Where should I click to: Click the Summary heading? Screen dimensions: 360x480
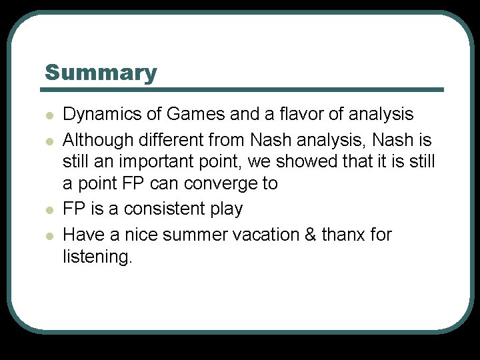(101, 73)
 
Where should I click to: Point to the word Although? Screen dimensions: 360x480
(97, 141)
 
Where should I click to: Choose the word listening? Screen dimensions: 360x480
(97, 257)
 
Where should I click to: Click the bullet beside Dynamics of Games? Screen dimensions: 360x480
(49, 115)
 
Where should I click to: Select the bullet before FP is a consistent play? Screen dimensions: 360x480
(49, 210)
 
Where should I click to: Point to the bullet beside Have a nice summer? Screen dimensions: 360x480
(49, 236)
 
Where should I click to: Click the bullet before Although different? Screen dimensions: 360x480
(49, 141)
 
